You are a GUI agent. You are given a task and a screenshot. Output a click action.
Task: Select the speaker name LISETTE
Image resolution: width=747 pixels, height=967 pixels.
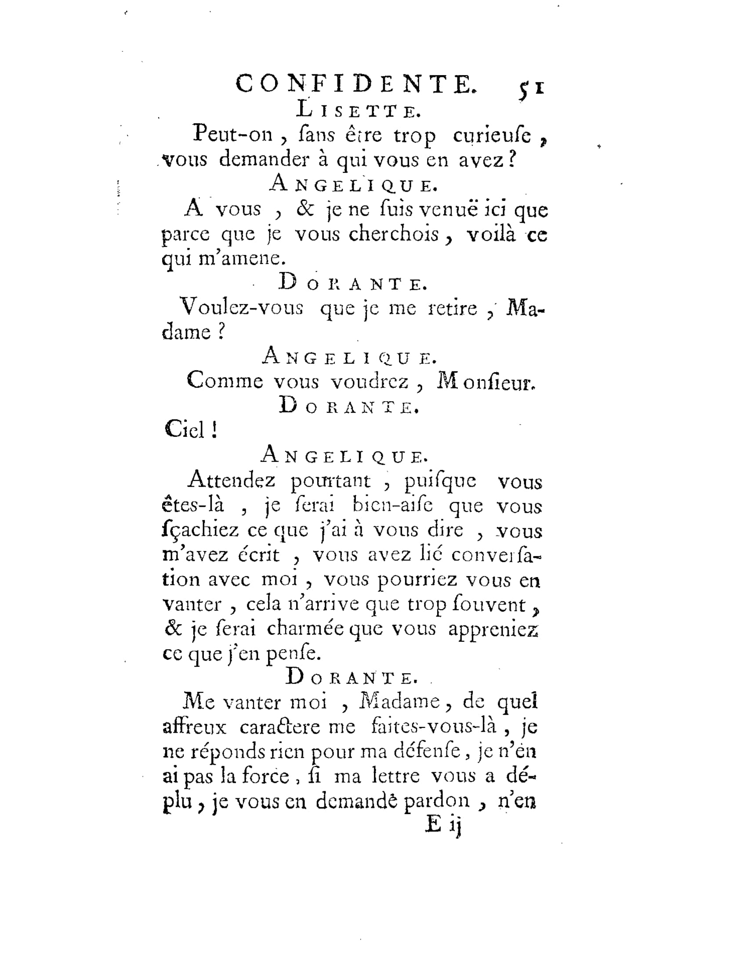coord(358,110)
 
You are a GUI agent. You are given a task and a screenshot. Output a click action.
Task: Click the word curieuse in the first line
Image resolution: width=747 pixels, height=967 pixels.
coord(492,135)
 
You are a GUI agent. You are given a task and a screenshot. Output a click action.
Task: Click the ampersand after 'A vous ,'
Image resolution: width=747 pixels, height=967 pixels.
coord(305,209)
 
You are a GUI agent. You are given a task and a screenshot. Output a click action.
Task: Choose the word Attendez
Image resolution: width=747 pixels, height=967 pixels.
coord(232,480)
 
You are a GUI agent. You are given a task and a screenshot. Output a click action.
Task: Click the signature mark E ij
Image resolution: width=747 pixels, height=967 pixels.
coord(443,825)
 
